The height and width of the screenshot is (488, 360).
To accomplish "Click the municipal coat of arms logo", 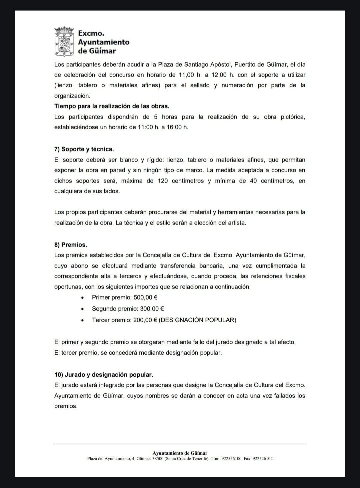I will [x=64, y=42].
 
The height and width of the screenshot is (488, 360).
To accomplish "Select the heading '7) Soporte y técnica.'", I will [x=84, y=149].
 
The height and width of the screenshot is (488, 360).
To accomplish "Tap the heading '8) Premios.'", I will [x=71, y=245].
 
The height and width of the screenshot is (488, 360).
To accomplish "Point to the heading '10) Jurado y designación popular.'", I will [x=104, y=375].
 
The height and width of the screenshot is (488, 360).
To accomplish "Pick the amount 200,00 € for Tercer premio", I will [x=145, y=320].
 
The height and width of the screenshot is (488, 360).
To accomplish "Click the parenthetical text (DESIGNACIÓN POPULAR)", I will [x=198, y=320].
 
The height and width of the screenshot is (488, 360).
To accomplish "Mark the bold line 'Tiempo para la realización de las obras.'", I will [x=112, y=106].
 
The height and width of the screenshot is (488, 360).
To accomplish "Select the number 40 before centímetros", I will [x=253, y=181].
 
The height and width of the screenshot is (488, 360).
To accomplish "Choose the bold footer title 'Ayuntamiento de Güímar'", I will [x=180, y=453].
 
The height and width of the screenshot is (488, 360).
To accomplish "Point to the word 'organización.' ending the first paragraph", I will [x=72, y=96].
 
